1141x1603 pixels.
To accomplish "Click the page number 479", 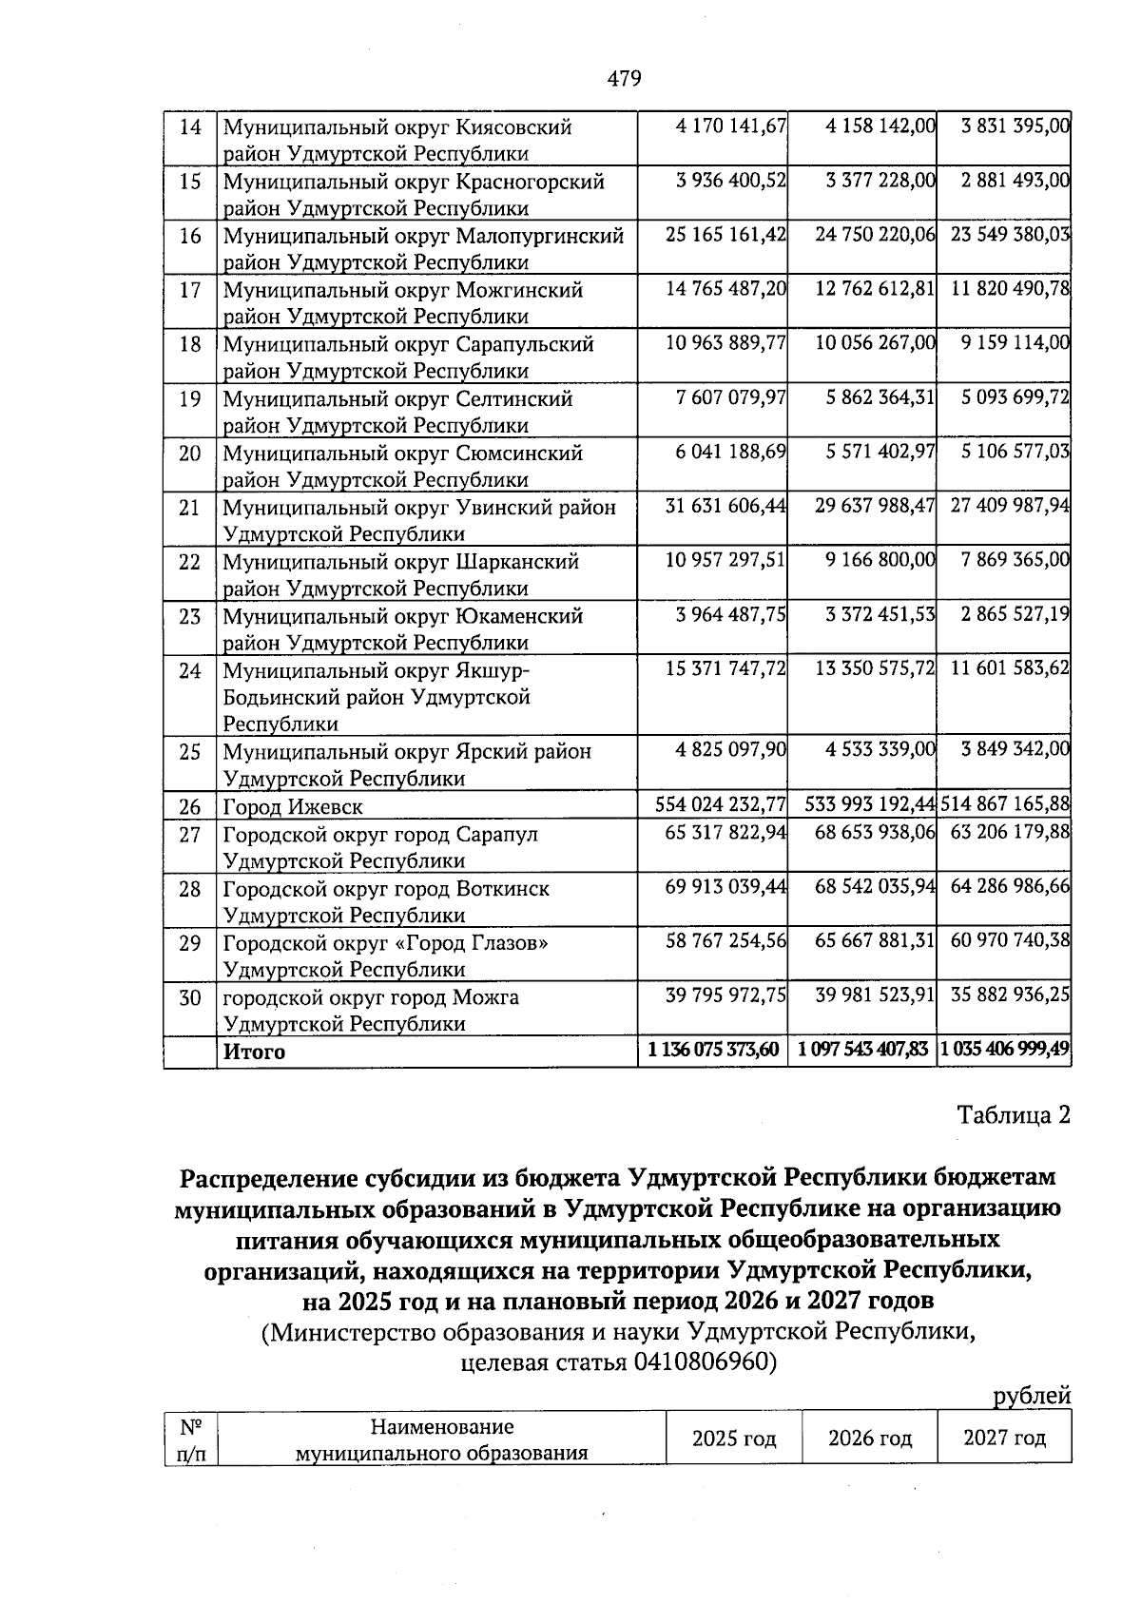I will coord(624,79).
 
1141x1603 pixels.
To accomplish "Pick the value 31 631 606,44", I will coord(726,507).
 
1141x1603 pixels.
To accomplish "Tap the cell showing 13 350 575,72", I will coord(875,670).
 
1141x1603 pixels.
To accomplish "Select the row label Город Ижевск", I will coord(293,807).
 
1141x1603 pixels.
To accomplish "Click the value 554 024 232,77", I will coord(721,805).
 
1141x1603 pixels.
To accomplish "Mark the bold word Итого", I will coord(254,1053).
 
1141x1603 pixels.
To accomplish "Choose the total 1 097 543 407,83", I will coord(863,1051).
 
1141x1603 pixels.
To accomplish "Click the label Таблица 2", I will coord(1014,1114).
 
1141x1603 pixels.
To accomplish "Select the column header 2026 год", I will coord(869,1439).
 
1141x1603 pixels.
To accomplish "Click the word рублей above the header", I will coord(1032,1396).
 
